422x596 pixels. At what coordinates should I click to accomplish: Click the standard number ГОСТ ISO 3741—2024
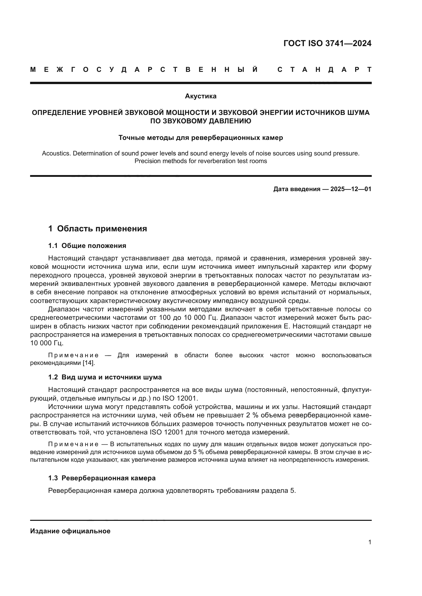tap(327, 43)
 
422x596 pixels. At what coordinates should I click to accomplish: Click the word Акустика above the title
tap(201, 96)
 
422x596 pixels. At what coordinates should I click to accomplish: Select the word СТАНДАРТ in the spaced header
tap(325, 70)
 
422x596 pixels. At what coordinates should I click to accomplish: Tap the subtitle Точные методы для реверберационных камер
tap(201, 138)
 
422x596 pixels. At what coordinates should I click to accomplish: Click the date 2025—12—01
tap(351, 189)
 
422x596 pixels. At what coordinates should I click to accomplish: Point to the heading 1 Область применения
tap(97, 228)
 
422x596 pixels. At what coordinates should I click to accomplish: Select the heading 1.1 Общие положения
tap(87, 246)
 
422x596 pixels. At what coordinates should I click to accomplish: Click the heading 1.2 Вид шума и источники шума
tap(105, 377)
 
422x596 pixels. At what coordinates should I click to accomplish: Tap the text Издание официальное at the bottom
tap(70, 531)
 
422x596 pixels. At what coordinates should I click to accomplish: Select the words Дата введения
tap(296, 189)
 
